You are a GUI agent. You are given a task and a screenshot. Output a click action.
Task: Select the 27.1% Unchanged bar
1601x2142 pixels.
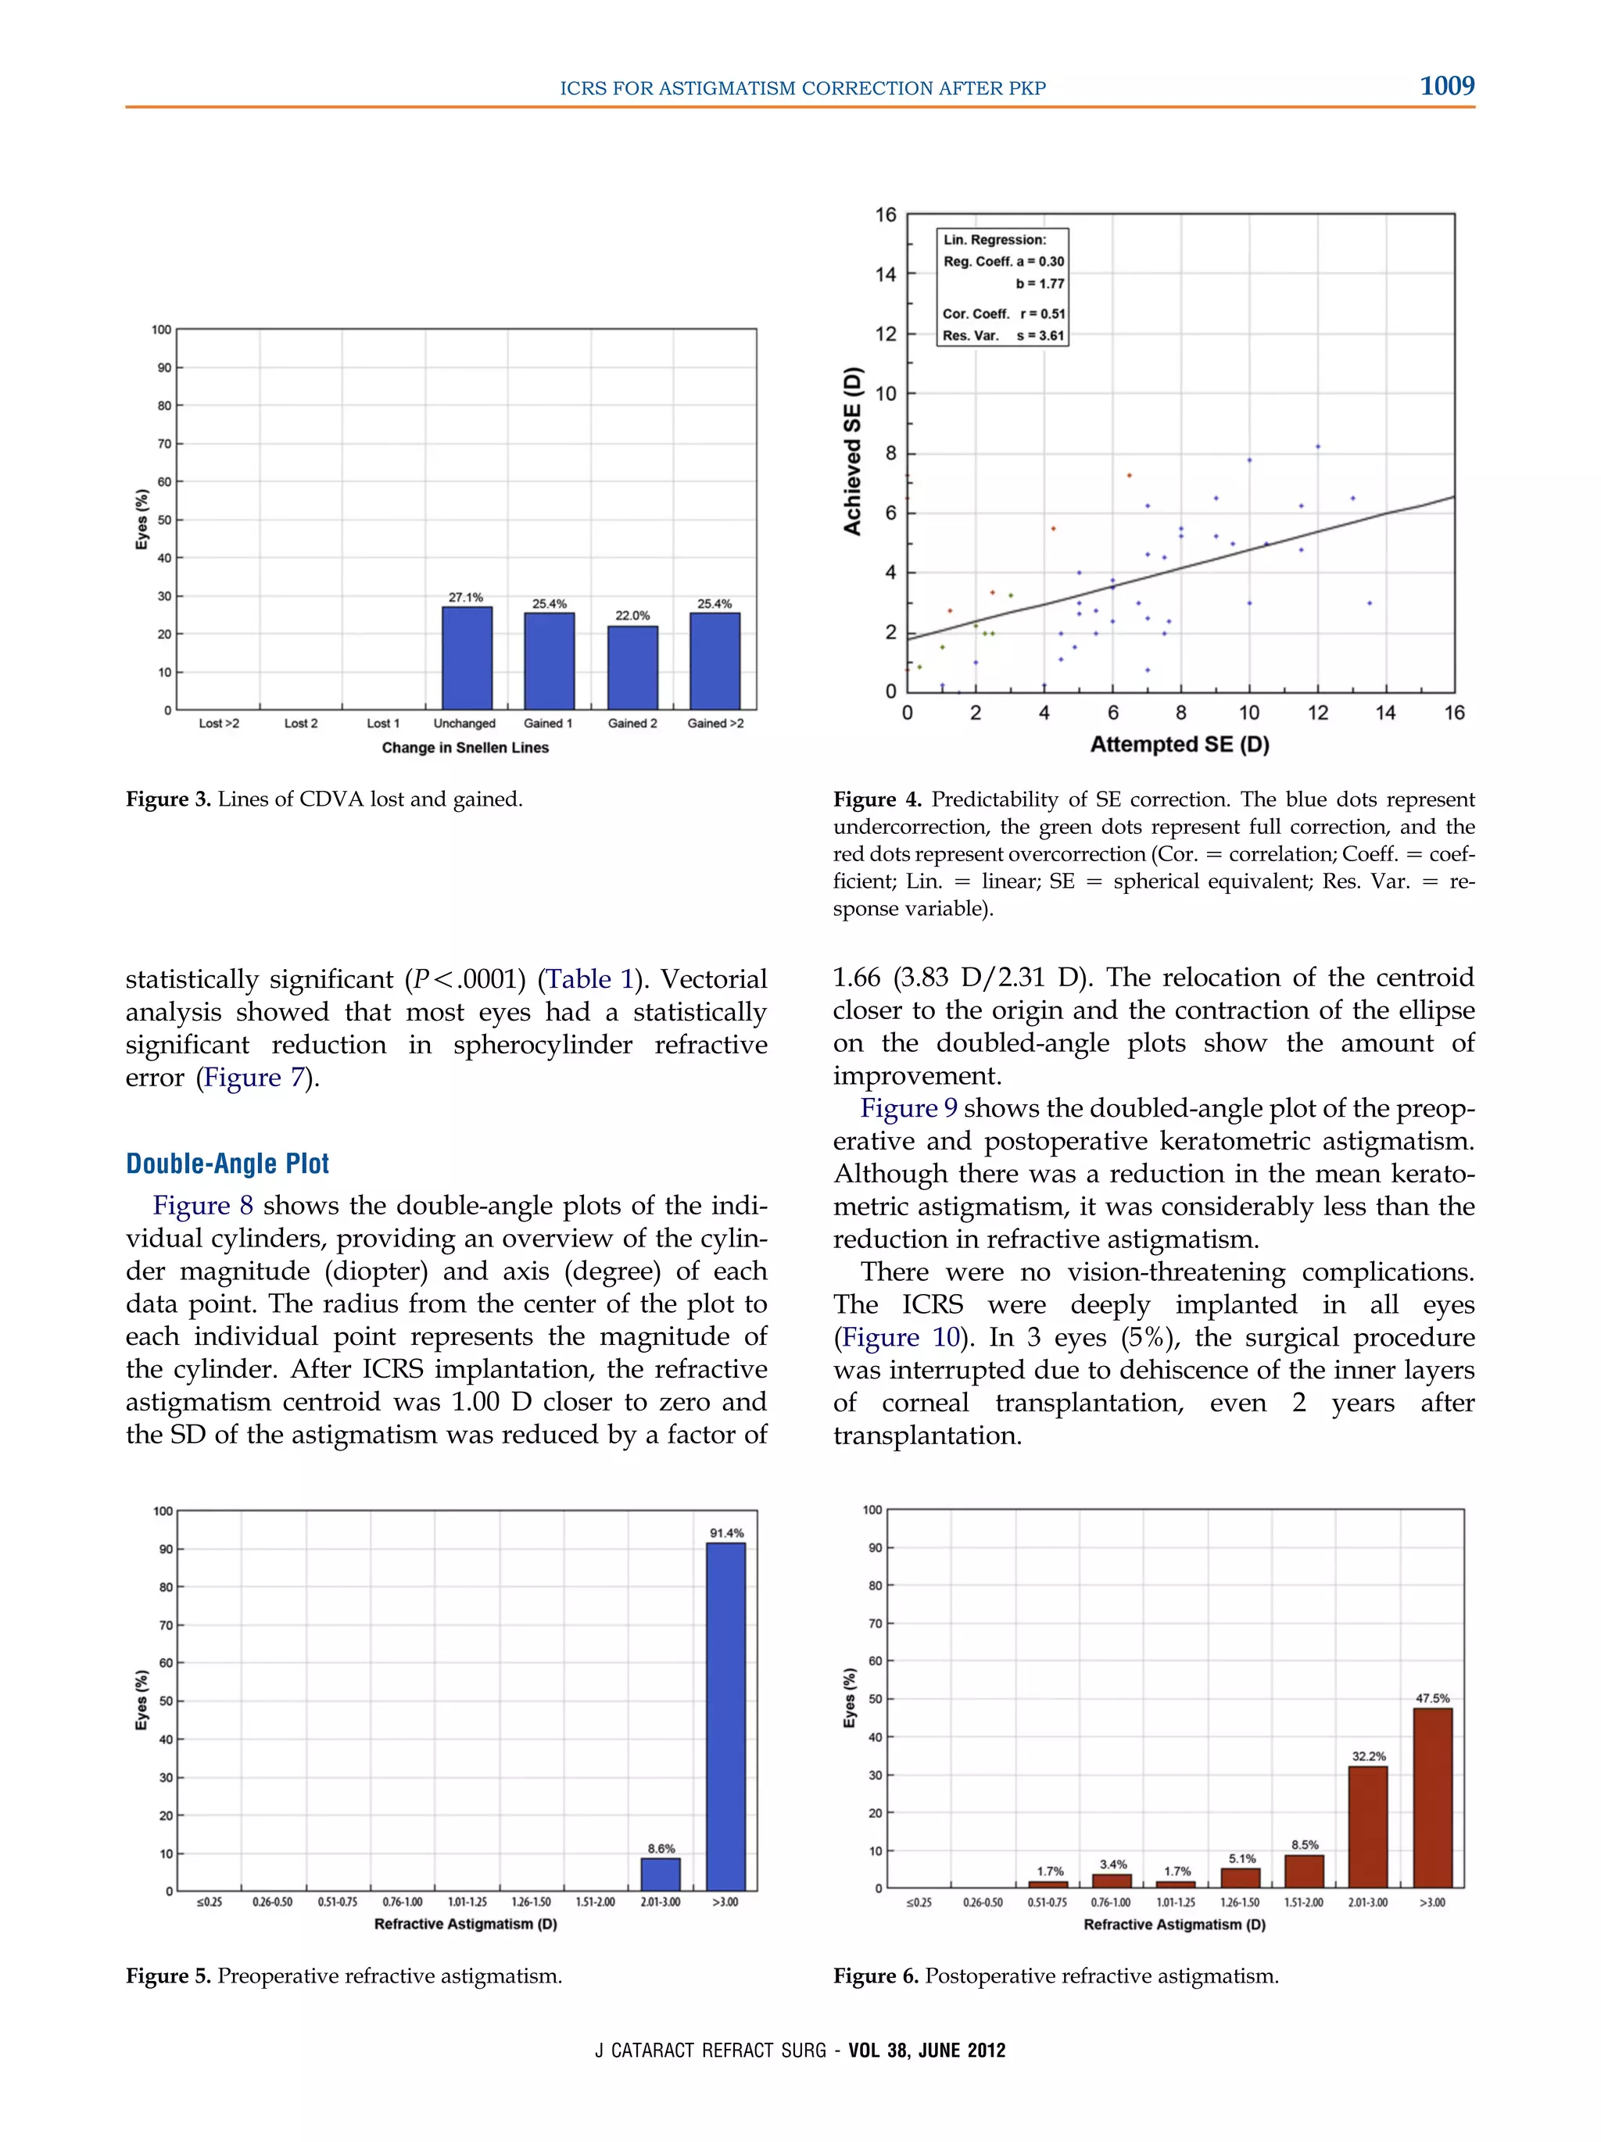coord(467,659)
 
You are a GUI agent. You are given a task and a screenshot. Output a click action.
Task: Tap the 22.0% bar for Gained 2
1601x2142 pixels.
coord(632,668)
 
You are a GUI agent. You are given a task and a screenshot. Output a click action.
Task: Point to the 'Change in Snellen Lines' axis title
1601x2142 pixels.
coord(465,748)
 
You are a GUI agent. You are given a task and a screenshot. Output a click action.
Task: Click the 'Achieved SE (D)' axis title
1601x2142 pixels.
coord(852,450)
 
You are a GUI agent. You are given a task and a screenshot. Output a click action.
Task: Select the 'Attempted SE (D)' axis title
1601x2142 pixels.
coord(1179,745)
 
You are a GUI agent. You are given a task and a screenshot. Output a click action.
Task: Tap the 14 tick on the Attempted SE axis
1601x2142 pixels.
coord(1385,713)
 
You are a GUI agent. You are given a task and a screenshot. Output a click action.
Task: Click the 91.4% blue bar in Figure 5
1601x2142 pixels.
coord(725,1716)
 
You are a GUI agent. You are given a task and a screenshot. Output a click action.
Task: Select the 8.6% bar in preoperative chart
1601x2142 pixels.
coord(661,1874)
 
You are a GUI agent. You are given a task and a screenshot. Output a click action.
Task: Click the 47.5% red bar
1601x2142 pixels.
coord(1431,1797)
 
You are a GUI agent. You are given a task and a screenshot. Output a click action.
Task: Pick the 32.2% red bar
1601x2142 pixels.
coord(1367,1826)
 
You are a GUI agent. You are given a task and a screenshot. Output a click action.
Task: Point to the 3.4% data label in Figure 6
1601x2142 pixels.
coord(1113,1864)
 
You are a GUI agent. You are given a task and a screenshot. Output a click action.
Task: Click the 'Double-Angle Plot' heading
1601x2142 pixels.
coord(227,1163)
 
